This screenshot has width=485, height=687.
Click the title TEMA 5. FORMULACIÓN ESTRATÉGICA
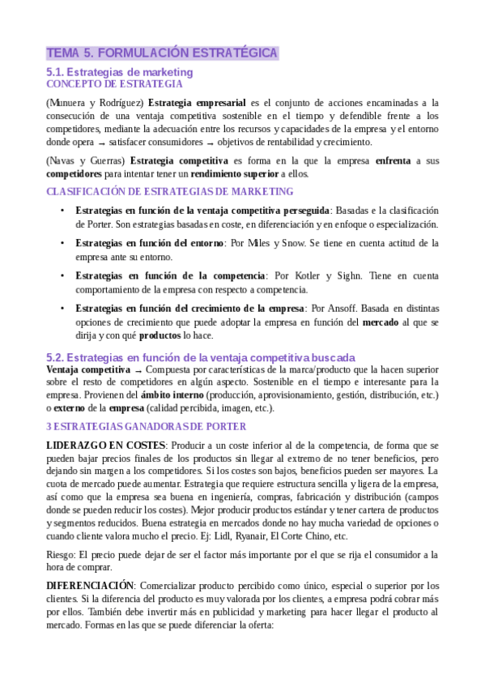pyautogui.click(x=163, y=53)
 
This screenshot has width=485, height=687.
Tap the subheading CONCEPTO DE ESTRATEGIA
pyautogui.click(x=114, y=83)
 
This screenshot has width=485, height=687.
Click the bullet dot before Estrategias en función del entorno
pyautogui.click(x=63, y=243)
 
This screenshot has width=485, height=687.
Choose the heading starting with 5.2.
pyautogui.click(x=201, y=357)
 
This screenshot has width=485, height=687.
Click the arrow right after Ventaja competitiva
pyautogui.click(x=138, y=369)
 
